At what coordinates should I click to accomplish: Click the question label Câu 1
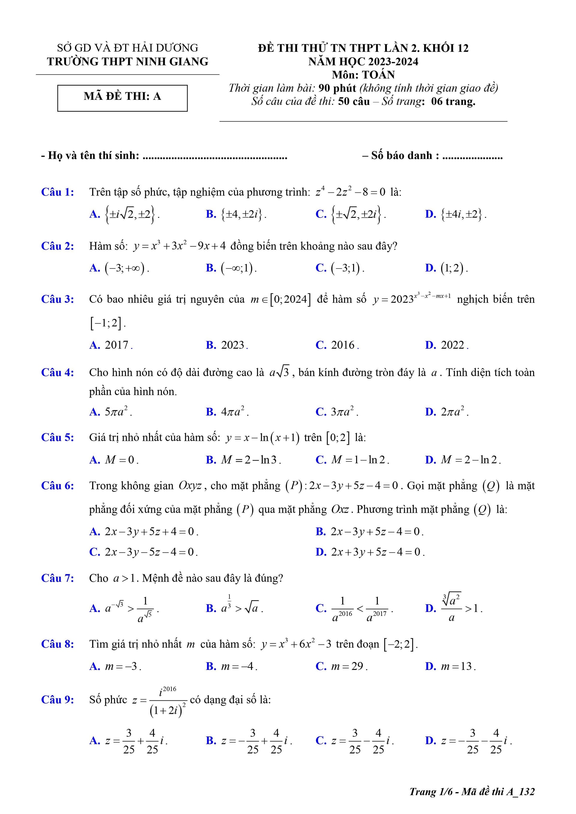(x=58, y=192)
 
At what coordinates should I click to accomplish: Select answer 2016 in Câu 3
(x=343, y=345)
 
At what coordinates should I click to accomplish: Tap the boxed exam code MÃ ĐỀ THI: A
(x=122, y=97)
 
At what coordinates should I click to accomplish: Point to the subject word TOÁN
(x=378, y=75)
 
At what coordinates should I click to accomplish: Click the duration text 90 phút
(x=337, y=88)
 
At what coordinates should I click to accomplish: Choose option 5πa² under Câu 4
(x=118, y=411)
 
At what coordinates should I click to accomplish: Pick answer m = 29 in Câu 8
(x=349, y=666)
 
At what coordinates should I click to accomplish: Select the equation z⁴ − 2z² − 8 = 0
(x=350, y=192)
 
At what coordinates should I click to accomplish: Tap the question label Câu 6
(x=58, y=486)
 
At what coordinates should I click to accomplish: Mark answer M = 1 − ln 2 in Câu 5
(x=360, y=460)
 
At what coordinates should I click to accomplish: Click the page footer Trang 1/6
(x=431, y=792)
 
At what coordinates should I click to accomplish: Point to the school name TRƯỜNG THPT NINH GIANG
(x=128, y=62)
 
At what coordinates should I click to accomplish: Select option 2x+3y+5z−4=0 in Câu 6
(x=377, y=552)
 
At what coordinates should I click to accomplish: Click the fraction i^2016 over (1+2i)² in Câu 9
(x=168, y=700)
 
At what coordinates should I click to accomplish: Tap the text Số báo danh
(x=405, y=155)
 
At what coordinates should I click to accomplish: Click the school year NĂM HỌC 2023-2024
(x=363, y=62)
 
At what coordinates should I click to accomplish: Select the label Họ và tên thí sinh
(x=93, y=155)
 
